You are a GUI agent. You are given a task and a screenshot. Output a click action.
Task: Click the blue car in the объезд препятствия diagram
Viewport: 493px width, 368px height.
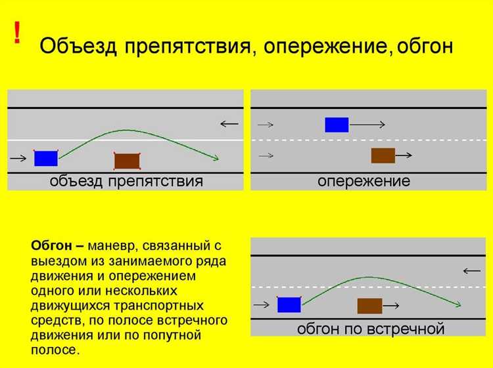pyautogui.click(x=46, y=158)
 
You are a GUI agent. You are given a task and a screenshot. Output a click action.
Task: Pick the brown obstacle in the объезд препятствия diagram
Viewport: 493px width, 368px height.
pyautogui.click(x=127, y=161)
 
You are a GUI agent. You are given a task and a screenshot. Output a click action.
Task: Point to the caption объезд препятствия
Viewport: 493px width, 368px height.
pyautogui.click(x=126, y=182)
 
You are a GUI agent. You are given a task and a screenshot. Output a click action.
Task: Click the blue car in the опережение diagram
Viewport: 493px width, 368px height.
pyautogui.click(x=337, y=125)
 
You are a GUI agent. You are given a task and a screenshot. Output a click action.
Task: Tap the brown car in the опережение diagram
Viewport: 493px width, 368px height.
pyautogui.click(x=383, y=155)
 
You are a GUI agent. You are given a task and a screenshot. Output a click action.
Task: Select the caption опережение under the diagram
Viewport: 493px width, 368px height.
pyautogui.click(x=364, y=182)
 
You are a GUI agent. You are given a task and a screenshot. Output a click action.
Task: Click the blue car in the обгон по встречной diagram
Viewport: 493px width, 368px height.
pyautogui.click(x=289, y=304)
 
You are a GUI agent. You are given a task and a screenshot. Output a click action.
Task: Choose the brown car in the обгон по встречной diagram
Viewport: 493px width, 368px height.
pyautogui.click(x=369, y=306)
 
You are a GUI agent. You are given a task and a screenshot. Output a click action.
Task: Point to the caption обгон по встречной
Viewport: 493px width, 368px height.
pyautogui.click(x=371, y=328)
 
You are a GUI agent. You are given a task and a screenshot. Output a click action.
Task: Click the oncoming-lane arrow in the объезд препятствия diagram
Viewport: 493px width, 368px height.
pyautogui.click(x=229, y=123)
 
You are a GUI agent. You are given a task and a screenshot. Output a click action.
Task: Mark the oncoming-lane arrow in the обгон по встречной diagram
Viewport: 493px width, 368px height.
pyautogui.click(x=471, y=270)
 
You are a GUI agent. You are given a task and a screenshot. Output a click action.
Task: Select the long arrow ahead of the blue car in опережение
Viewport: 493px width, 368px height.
pyautogui.click(x=366, y=125)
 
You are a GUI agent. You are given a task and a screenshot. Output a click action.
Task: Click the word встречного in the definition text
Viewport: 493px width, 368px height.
pyautogui.click(x=191, y=321)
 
